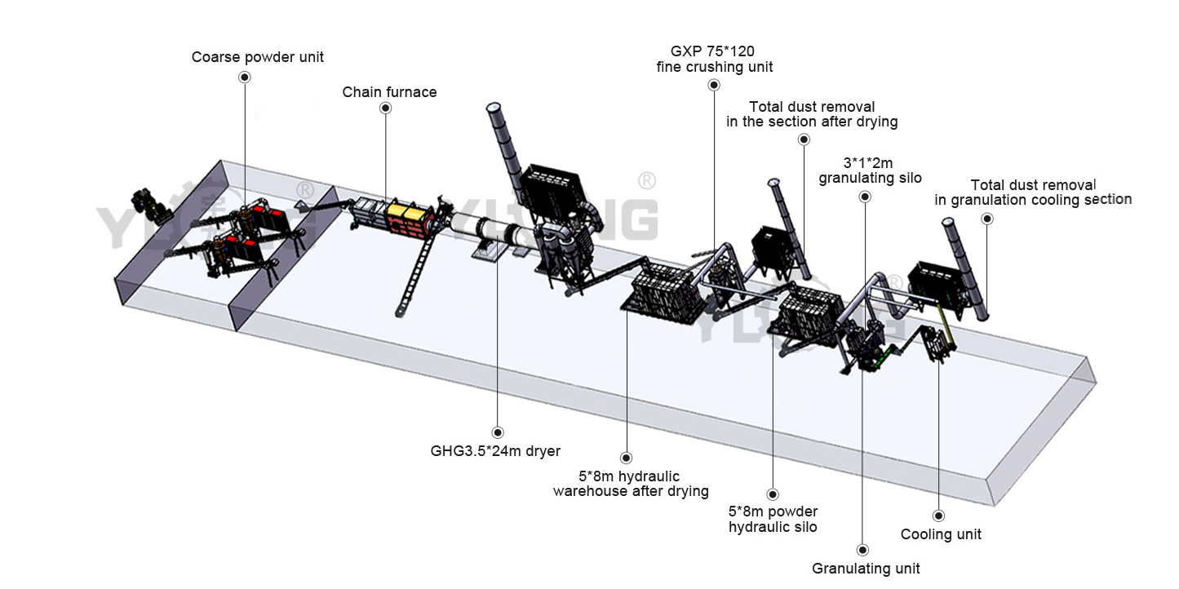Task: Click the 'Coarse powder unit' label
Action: [x=257, y=57]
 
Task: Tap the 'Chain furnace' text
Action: [x=389, y=92]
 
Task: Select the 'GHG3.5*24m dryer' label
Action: [x=495, y=450]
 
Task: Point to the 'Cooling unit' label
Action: [x=941, y=534]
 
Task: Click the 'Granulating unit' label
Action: [x=866, y=569]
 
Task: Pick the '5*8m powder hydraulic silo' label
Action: [x=773, y=519]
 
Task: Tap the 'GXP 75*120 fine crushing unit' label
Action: [x=715, y=59]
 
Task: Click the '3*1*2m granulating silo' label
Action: [x=870, y=170]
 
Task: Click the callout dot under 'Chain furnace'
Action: [x=386, y=108]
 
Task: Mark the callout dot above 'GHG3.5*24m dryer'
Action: [x=498, y=432]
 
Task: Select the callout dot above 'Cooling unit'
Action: [x=939, y=516]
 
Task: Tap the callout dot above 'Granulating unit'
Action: [x=863, y=551]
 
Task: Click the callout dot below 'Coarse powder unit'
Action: [x=245, y=77]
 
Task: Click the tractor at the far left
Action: [x=151, y=206]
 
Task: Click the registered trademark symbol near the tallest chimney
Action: [x=645, y=179]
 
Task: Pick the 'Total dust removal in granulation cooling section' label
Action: [x=1033, y=193]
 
